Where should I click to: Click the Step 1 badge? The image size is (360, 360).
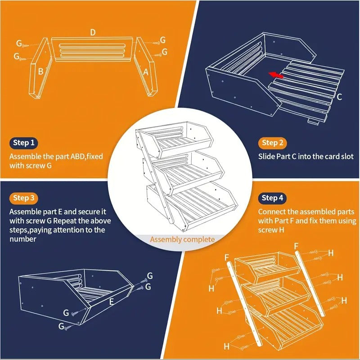[24, 143]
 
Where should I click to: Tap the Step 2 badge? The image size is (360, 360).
[273, 143]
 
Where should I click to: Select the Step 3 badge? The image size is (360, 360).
[24, 198]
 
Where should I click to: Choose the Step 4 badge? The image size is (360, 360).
[273, 198]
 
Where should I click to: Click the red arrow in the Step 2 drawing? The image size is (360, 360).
[276, 75]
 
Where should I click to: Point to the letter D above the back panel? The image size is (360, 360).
[93, 32]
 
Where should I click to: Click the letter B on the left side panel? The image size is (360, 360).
[40, 72]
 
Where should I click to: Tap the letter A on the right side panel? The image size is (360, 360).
[146, 72]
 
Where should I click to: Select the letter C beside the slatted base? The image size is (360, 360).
[339, 97]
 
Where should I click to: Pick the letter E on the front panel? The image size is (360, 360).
[112, 301]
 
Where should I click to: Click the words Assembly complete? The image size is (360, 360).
[183, 239]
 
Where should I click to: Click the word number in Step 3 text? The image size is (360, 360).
[23, 239]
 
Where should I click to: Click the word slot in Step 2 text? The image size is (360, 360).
[347, 157]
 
